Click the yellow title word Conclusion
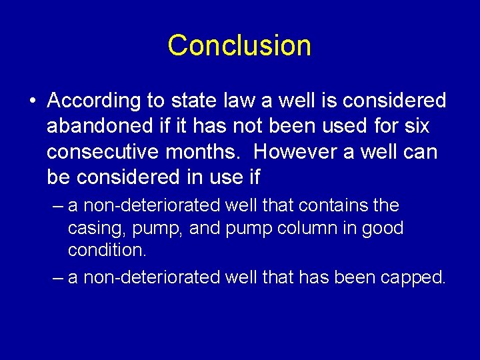pos(239,45)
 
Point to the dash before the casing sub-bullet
pos(58,206)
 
